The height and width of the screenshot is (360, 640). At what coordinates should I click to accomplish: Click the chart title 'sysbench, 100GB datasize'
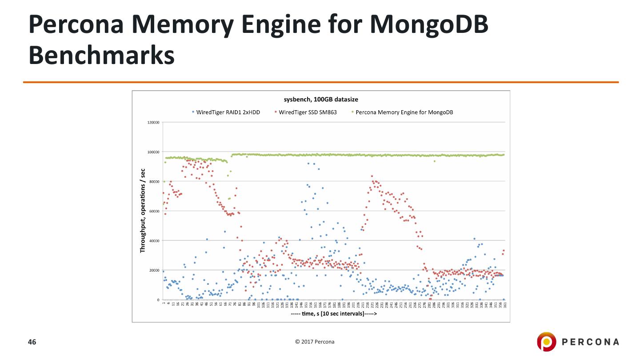321,99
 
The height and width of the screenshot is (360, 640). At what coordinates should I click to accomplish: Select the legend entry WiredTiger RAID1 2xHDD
228,112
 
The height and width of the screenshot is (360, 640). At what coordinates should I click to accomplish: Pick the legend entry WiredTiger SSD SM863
308,112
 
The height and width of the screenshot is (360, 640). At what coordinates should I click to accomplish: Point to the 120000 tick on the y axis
153,122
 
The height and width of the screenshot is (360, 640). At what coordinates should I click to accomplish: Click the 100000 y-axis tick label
153,152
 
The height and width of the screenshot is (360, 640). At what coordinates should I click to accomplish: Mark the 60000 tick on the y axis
154,211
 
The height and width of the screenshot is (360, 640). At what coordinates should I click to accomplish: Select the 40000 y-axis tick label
154,241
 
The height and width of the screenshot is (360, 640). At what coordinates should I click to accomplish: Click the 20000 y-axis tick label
154,270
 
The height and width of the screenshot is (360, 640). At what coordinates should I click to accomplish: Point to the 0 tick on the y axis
158,300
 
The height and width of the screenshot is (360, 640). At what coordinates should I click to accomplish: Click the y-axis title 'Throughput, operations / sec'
143,211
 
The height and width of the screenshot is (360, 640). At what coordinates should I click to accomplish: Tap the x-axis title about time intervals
334,313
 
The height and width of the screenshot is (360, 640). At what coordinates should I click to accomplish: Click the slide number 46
32,342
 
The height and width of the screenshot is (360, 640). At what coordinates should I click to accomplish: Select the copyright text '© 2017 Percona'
315,342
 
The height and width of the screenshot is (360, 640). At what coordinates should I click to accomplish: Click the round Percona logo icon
546,342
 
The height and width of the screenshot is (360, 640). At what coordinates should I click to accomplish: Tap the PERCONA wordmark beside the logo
590,342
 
